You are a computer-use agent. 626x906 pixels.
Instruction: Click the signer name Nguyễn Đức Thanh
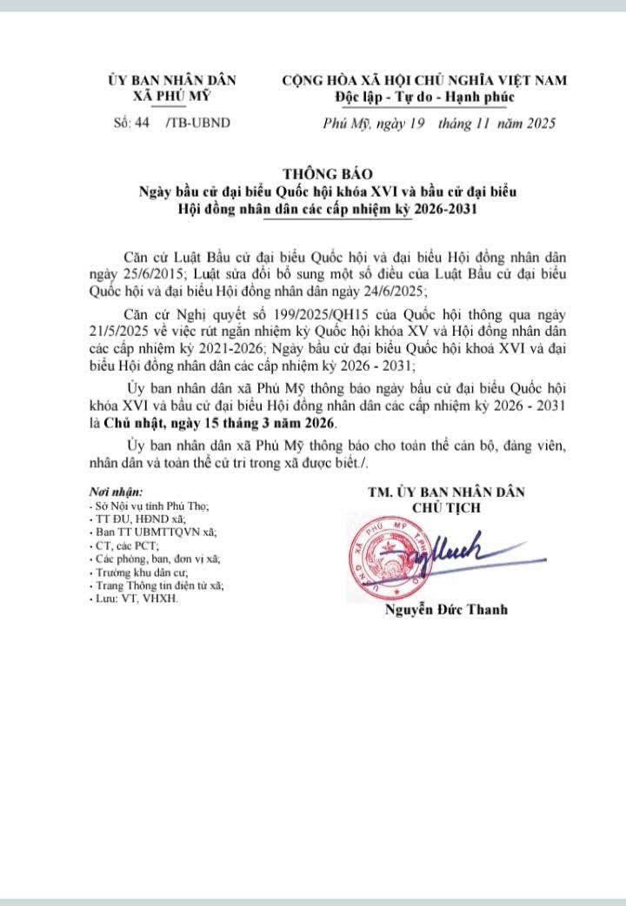[x=446, y=610]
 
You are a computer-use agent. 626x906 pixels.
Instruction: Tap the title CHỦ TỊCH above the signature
[x=446, y=507]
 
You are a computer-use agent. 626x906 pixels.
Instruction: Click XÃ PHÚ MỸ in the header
[x=172, y=96]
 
